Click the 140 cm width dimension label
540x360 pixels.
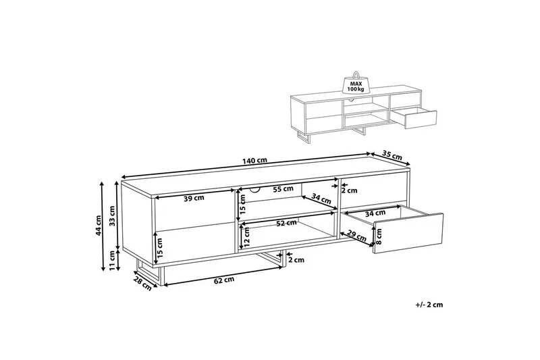pos(254,161)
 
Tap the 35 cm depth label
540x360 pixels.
pos(392,156)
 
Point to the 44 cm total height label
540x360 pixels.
pos(99,226)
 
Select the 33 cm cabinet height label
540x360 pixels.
pos(112,215)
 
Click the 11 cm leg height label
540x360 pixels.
pos(112,261)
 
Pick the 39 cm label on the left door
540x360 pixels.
pos(194,198)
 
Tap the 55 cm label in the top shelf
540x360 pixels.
pos(283,189)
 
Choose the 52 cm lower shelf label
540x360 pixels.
pos(286,223)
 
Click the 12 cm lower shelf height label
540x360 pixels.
pos(246,238)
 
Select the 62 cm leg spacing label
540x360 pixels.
pos(224,280)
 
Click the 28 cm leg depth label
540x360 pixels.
pos(143,284)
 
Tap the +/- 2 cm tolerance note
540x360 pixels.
pos(429,305)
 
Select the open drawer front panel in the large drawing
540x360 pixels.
pos(408,234)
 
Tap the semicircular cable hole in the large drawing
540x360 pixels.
pos(255,189)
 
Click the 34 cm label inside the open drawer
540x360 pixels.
pos(375,213)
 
